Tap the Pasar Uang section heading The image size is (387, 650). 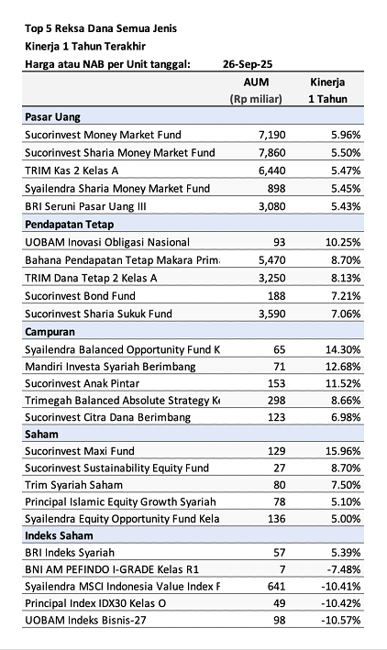53,117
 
